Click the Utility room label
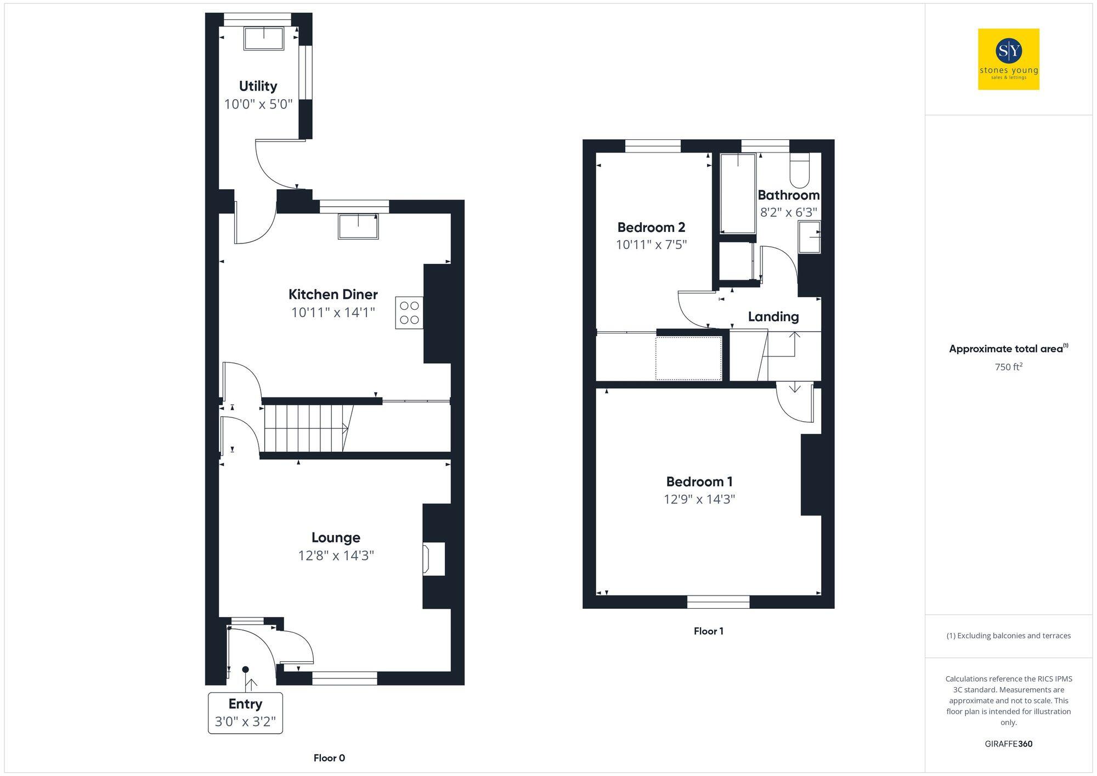click(x=258, y=86)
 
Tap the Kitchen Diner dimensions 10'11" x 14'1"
click(x=333, y=313)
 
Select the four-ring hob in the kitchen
click(x=409, y=313)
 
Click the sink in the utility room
click(x=264, y=38)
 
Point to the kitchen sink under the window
click(x=358, y=226)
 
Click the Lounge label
click(x=336, y=537)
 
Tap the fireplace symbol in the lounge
click(x=432, y=559)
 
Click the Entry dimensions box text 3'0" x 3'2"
click(x=245, y=722)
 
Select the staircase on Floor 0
click(x=307, y=428)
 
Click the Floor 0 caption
click(x=329, y=758)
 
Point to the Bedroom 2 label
click(x=651, y=227)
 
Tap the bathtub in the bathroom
click(x=738, y=193)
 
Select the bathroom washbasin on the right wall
click(x=809, y=237)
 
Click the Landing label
click(x=773, y=316)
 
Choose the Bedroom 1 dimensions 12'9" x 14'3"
click(x=699, y=499)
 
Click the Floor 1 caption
click(x=708, y=631)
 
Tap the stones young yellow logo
click(x=1008, y=59)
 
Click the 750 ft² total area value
click(x=1008, y=367)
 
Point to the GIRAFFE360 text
click(x=1008, y=744)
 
